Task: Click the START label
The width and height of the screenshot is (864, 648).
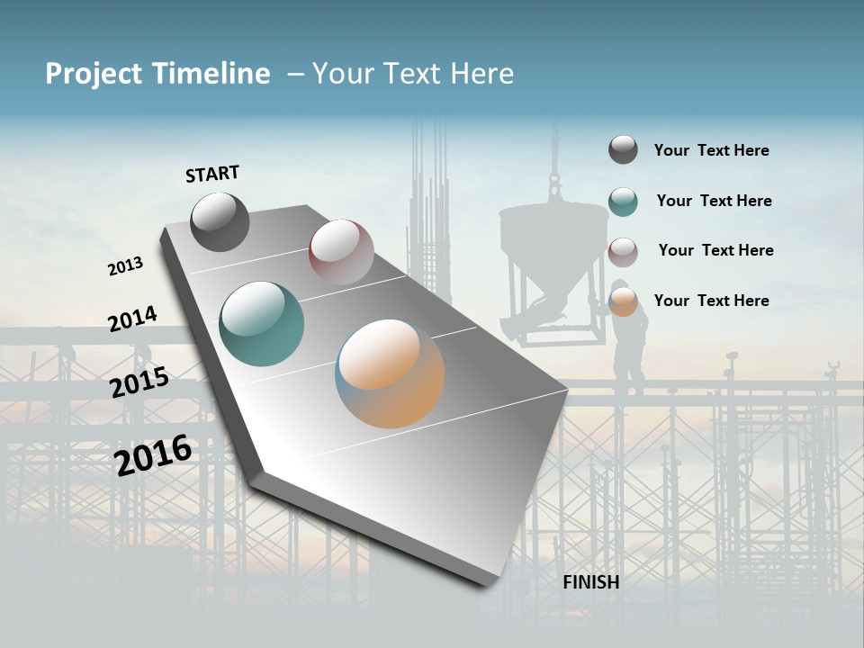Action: pyautogui.click(x=212, y=174)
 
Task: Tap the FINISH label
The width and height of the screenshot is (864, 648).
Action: pyautogui.click(x=590, y=582)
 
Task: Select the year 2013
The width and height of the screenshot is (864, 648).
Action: pyautogui.click(x=126, y=266)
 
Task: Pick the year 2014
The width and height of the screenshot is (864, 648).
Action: pyautogui.click(x=132, y=319)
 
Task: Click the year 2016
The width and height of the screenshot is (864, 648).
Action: pyautogui.click(x=153, y=454)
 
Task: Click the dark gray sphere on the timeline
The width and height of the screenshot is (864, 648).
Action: pyautogui.click(x=220, y=221)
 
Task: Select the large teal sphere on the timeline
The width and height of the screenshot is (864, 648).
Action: pyautogui.click(x=261, y=324)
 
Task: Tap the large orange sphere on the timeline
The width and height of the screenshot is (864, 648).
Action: pyautogui.click(x=390, y=373)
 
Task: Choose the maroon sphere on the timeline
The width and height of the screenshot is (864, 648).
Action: pyautogui.click(x=341, y=251)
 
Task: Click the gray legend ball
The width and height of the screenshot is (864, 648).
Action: pyautogui.click(x=623, y=150)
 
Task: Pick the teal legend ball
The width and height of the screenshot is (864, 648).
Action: pyautogui.click(x=623, y=202)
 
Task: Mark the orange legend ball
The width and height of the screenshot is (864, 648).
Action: pyautogui.click(x=623, y=301)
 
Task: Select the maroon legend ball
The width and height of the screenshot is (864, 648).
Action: pyautogui.click(x=623, y=252)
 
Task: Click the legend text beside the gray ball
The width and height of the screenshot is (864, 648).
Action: pyautogui.click(x=711, y=150)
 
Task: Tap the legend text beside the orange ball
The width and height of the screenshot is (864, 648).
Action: pyautogui.click(x=711, y=301)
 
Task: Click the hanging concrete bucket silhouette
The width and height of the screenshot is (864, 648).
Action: pyautogui.click(x=552, y=261)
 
